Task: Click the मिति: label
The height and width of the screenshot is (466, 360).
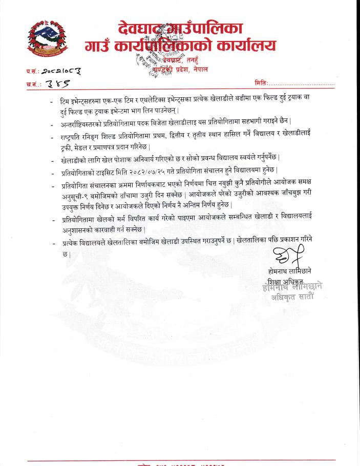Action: tap(261, 83)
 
